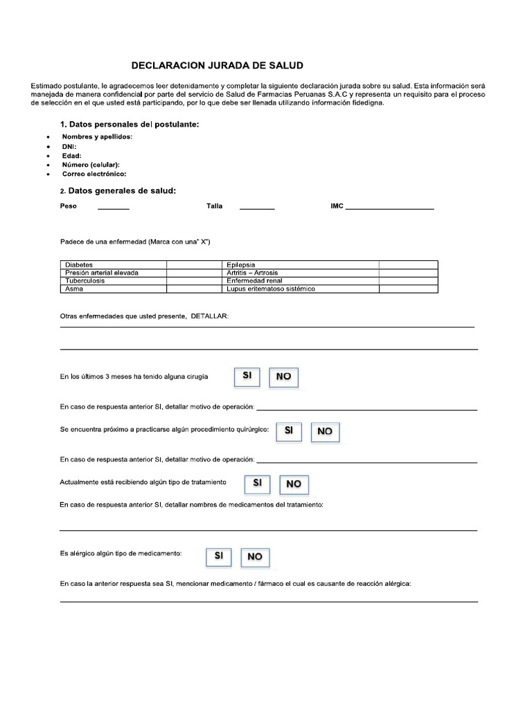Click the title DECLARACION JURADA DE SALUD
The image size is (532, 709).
(218, 66)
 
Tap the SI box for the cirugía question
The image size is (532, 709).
(247, 376)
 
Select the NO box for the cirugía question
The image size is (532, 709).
(283, 377)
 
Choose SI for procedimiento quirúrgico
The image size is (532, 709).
(289, 430)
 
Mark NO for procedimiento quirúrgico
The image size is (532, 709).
(325, 431)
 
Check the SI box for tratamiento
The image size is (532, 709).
(257, 483)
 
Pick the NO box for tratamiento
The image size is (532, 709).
(294, 483)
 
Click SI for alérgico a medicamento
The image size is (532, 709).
(218, 555)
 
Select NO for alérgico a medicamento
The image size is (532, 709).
(255, 556)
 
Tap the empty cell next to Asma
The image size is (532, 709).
(194, 289)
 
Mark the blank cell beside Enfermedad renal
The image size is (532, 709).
(408, 280)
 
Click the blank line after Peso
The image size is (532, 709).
(113, 208)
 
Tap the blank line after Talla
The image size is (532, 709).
(257, 208)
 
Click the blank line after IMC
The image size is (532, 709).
(389, 208)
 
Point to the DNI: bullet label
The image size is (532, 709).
(69, 146)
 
